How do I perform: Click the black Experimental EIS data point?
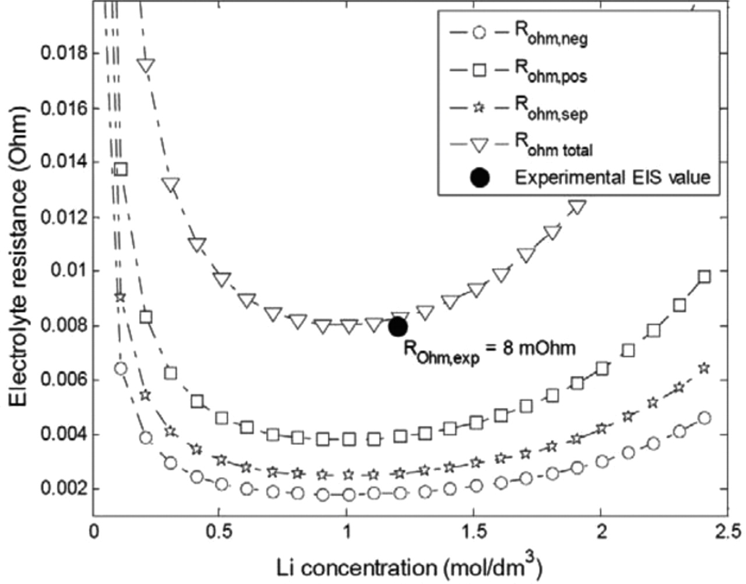coord(397,326)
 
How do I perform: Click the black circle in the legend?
coord(479,177)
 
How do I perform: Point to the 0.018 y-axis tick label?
coord(62,54)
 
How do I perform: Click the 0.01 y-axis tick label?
coord(68,271)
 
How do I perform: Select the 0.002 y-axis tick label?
coord(62,489)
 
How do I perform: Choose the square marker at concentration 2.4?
coord(704,276)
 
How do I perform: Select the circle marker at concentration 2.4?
coord(704,418)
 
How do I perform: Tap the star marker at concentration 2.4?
coord(704,368)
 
